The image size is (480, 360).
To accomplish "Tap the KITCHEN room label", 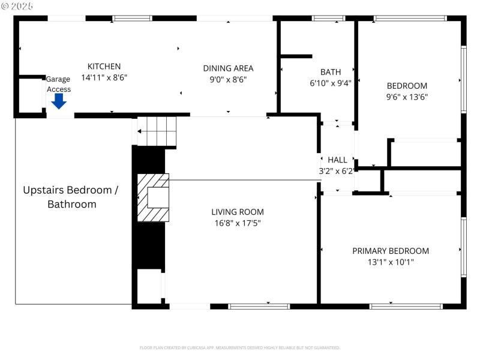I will [104, 67].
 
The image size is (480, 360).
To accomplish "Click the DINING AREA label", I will [228, 68].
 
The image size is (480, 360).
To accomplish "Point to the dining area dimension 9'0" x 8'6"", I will [228, 79].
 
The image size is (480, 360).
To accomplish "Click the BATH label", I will [331, 72].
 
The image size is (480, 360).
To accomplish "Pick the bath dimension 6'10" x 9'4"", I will [331, 83].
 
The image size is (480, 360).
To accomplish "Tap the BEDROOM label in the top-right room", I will [407, 86].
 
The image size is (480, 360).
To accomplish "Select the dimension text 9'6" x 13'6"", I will [407, 97].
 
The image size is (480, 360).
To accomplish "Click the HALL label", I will [337, 160].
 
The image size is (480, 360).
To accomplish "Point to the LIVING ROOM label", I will [237, 212].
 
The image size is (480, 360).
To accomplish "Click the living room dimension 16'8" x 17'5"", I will [237, 223].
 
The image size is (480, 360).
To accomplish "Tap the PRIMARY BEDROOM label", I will [391, 251].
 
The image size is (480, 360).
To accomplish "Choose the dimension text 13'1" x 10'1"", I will [391, 262].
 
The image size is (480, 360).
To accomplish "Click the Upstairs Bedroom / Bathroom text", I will [71, 197].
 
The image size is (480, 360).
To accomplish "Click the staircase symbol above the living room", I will [157, 131].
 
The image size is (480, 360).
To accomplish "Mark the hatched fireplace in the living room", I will [154, 197].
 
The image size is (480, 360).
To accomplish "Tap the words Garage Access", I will [59, 84].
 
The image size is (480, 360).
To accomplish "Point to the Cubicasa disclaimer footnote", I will [240, 347].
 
